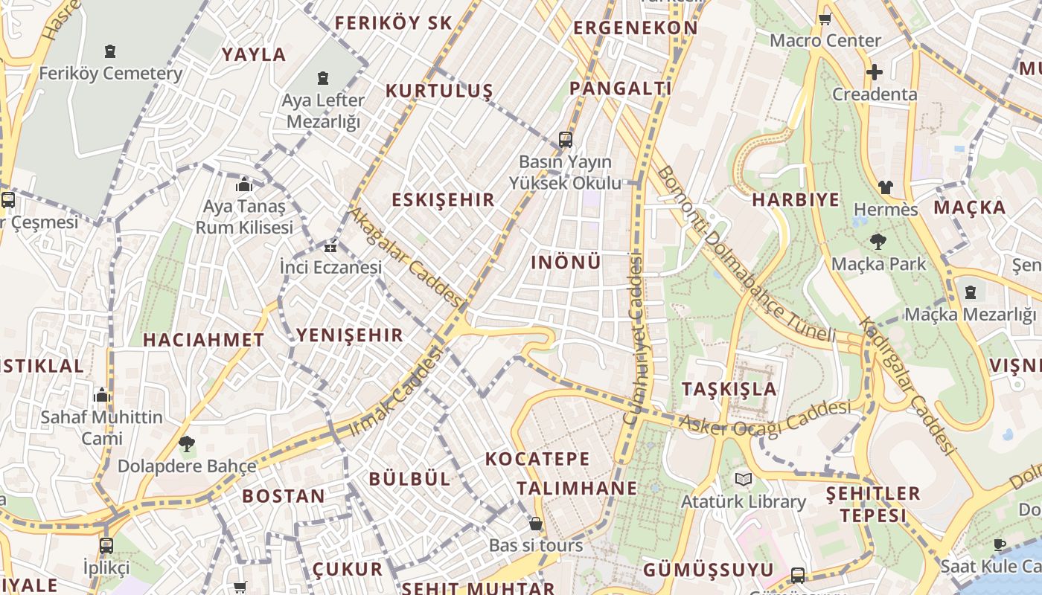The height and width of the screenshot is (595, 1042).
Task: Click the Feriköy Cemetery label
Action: coord(110,74)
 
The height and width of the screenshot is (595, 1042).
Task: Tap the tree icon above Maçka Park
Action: coord(878,241)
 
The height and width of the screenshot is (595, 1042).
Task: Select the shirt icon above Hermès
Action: coord(885,187)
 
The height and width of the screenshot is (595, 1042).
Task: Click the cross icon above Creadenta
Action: coord(875,72)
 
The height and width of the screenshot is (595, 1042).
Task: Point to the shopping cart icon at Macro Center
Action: coord(825,19)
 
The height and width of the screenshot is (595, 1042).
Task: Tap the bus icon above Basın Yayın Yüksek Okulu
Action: coord(566,139)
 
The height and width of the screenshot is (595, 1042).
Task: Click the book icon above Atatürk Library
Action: coord(743,479)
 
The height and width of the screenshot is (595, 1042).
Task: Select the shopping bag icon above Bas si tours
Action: coord(535,524)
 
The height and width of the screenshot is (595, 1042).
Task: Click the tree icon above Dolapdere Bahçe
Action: coord(187,444)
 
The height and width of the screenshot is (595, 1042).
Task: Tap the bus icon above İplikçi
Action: coord(106,545)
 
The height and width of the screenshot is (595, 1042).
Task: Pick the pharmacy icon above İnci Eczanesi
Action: coord(330,246)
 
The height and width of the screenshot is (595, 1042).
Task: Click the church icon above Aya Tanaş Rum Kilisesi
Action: coord(244,184)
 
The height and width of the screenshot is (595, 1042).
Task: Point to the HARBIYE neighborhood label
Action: coord(796,199)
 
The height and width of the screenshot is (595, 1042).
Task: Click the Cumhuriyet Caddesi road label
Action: coord(633,338)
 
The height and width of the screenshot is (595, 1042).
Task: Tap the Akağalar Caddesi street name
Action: coord(406,257)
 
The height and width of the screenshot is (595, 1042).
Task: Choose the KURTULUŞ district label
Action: coord(439,91)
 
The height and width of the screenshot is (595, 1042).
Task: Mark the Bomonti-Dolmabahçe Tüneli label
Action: coord(746,254)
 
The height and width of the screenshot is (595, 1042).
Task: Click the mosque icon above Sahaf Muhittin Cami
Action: coord(102,394)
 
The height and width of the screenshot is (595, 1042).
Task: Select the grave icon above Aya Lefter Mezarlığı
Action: coord(323,78)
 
